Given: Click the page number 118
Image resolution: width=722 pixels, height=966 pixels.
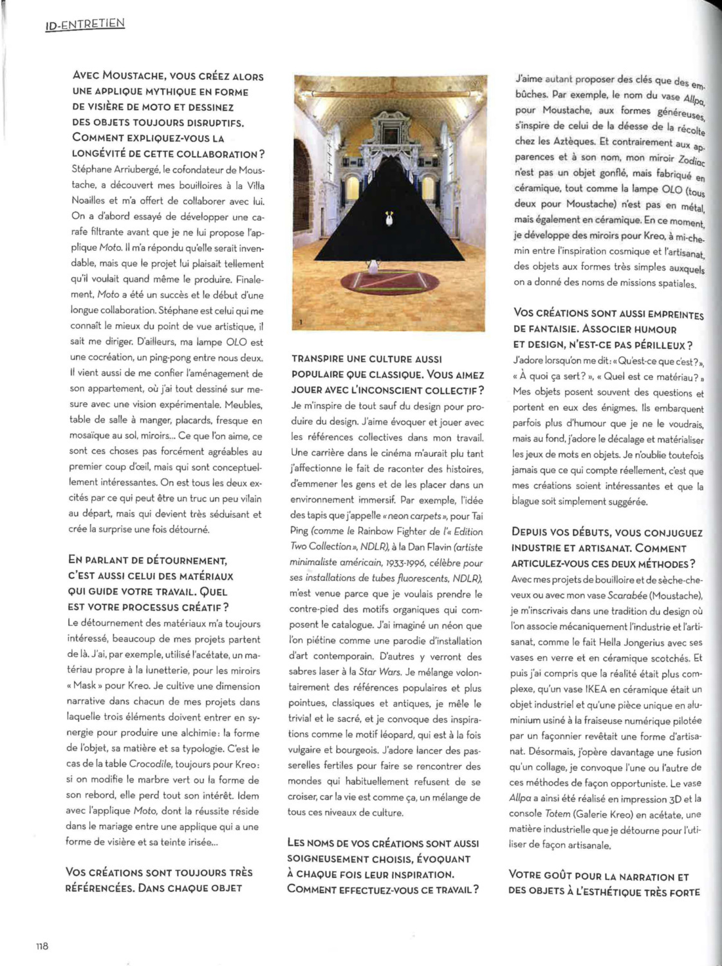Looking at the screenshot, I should tap(42, 946).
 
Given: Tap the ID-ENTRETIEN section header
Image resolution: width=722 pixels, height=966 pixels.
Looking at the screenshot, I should tap(84, 25).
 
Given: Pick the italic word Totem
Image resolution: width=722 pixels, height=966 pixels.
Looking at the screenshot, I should tap(557, 815).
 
